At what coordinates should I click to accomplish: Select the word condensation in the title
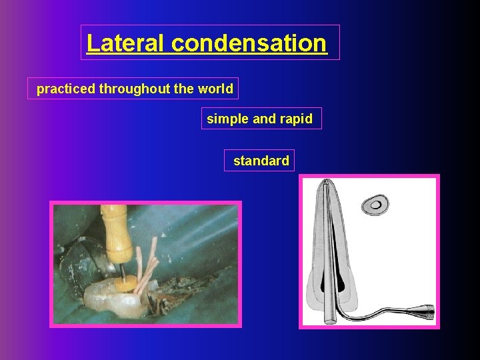[x=249, y=43]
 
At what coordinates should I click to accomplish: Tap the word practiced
[x=66, y=89]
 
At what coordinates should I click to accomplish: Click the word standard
[x=261, y=161]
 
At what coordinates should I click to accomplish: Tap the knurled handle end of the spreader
[x=422, y=311]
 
